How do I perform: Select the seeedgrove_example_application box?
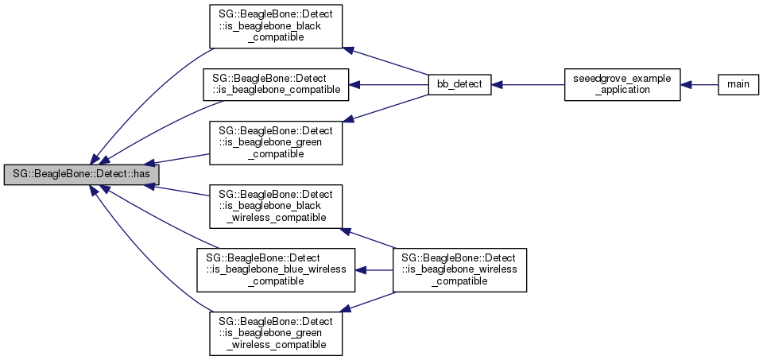pos(622,83)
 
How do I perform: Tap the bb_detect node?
pos(459,83)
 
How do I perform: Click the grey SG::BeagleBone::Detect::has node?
pos(81,172)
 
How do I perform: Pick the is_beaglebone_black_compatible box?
pos(276,28)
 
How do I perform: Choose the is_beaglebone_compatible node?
pos(276,84)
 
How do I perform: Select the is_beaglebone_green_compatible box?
pos(276,141)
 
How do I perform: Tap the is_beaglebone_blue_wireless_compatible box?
pos(276,269)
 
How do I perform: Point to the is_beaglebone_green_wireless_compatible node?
pos(276,332)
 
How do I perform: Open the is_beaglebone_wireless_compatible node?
pos(459,269)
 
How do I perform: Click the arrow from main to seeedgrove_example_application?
pos(699,83)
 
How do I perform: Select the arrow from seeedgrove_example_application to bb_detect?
pos(528,83)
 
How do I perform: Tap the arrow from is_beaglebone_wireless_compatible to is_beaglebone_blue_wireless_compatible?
pos(374,269)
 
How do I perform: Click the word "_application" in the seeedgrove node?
pos(622,90)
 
